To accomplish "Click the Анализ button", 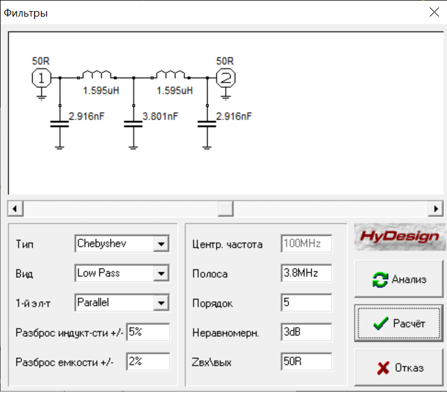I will point(398,279).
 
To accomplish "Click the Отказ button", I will point(398,368).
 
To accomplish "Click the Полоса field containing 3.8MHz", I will point(306,273).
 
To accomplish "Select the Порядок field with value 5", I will point(306,302).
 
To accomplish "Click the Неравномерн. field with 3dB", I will point(306,332).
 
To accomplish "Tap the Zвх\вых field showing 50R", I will point(306,361).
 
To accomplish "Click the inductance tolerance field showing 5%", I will point(148,332).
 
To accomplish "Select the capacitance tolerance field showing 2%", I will point(148,361).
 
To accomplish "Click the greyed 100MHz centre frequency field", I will point(306,244).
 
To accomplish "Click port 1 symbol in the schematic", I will point(41,78).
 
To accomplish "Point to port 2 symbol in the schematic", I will point(226,78).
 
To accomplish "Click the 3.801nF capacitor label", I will point(160,116).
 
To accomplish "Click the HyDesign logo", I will point(400,237).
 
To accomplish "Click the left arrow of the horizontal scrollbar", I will point(14,208).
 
